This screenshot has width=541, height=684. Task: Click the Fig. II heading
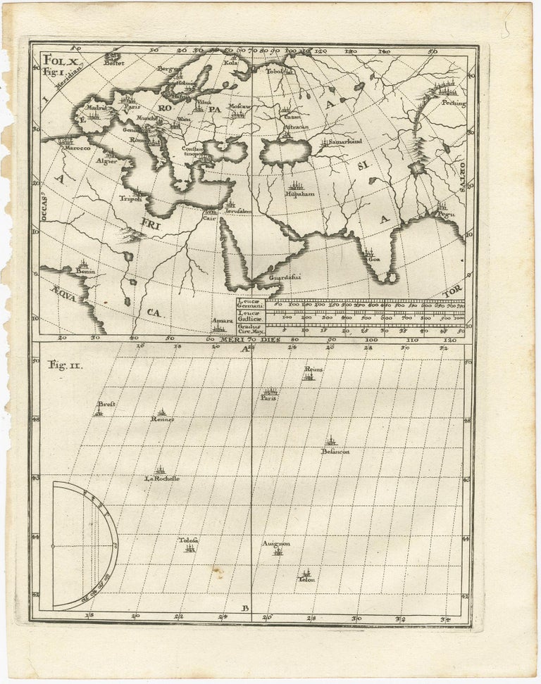pyautogui.click(x=63, y=365)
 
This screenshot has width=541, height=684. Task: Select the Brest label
pyautogui.click(x=106, y=405)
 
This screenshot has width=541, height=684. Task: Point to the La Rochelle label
pyautogui.click(x=161, y=479)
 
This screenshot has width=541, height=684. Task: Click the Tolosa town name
pyautogui.click(x=188, y=540)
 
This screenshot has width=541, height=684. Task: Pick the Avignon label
pyautogui.click(x=276, y=543)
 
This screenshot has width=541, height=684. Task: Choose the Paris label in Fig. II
pyautogui.click(x=268, y=398)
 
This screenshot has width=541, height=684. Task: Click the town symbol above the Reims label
pyautogui.click(x=308, y=376)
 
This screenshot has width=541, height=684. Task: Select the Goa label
pyautogui.click(x=374, y=259)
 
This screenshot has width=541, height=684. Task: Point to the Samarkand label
pyautogui.click(x=344, y=141)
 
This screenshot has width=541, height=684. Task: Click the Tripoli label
pyautogui.click(x=131, y=198)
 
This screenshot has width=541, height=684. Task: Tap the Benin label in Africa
pyautogui.click(x=86, y=271)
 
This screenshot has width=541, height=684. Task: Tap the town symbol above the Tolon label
pyautogui.click(x=306, y=573)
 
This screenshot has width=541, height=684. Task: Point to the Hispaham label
pyautogui.click(x=299, y=193)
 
